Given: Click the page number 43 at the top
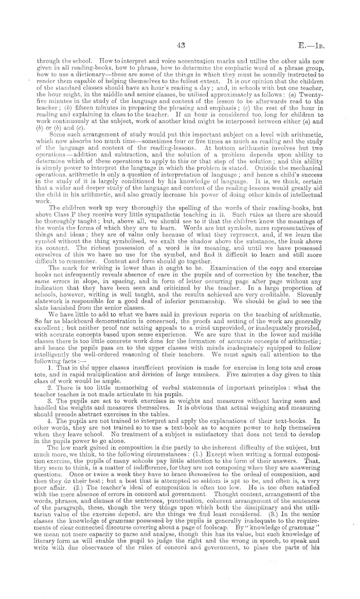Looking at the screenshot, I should (180, 31).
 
